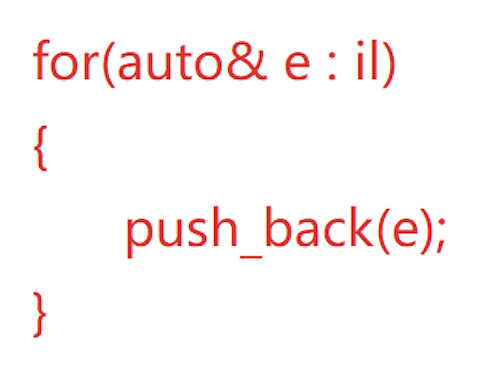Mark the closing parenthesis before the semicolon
(424, 230)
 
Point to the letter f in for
(42, 62)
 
